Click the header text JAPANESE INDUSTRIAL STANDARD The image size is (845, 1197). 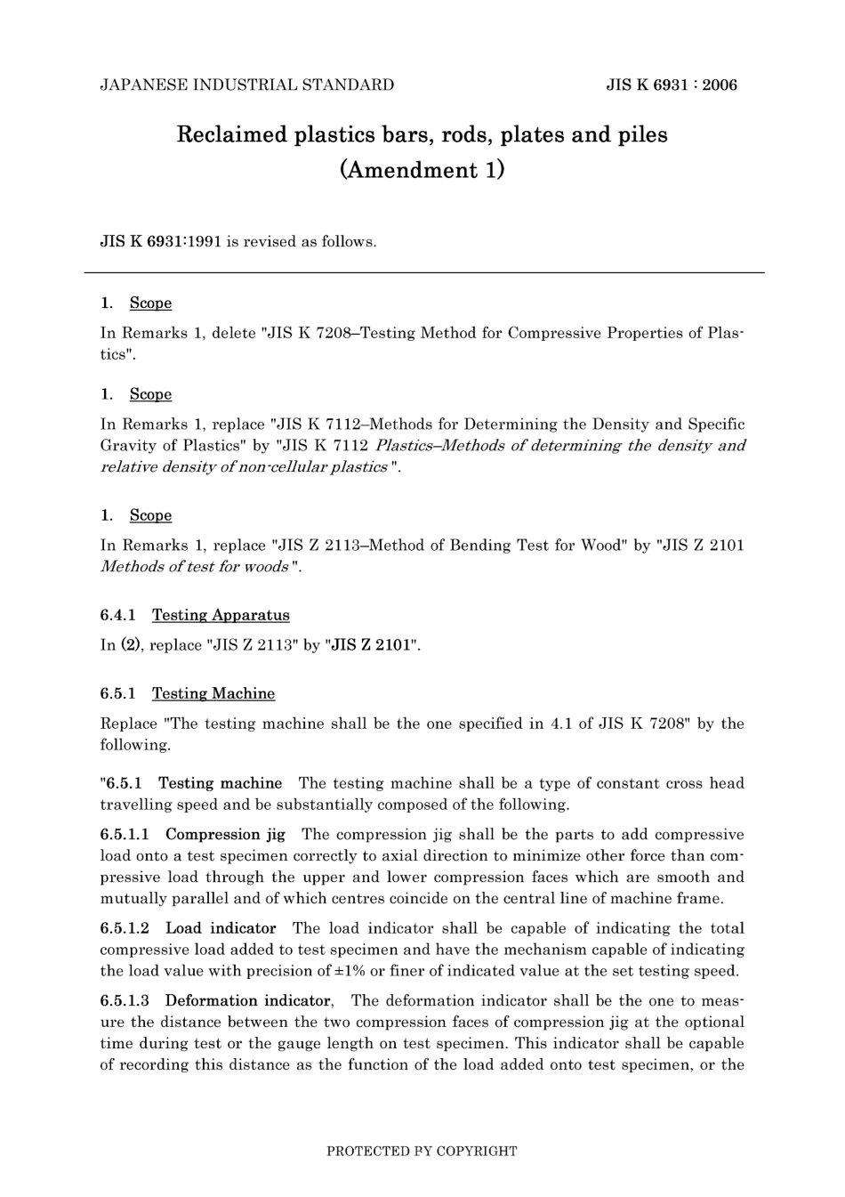(246, 85)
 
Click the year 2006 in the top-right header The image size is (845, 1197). (720, 85)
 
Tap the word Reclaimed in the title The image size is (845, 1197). (232, 135)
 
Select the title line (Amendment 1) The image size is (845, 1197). (422, 170)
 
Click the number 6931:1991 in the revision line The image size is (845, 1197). (177, 241)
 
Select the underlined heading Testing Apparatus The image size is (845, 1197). (221, 615)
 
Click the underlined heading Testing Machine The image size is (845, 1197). (213, 693)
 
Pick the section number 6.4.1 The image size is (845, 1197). (117, 615)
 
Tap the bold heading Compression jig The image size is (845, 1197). (225, 835)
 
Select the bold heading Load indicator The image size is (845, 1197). (221, 928)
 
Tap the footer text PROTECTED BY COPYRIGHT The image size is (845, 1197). (422, 1151)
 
